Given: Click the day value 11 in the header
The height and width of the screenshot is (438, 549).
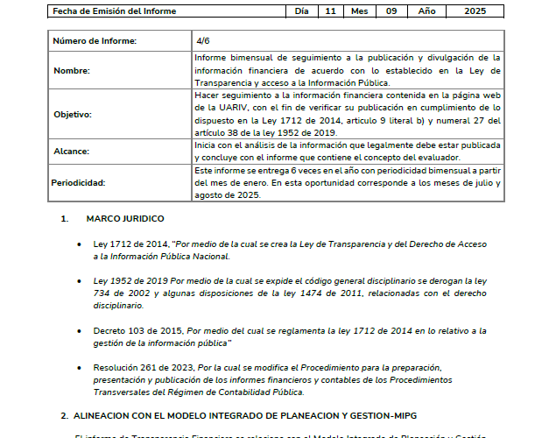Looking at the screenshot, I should [x=329, y=11].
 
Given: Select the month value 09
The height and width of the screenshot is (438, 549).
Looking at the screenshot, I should [x=391, y=11].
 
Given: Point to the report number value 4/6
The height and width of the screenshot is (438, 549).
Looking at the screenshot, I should [x=203, y=41].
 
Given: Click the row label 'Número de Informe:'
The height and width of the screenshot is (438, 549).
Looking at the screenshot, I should [x=94, y=42].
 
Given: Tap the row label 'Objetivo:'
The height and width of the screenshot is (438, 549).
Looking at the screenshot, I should [x=74, y=114].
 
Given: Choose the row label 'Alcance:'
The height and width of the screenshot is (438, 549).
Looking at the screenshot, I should [x=72, y=151].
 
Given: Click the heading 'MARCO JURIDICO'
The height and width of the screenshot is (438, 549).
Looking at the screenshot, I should [x=124, y=217].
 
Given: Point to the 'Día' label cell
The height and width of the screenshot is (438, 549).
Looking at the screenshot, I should [x=301, y=11].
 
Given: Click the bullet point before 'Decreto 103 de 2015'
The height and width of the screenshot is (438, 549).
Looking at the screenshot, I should [x=81, y=330].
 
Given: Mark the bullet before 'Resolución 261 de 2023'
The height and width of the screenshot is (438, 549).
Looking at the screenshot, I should [x=81, y=367].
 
